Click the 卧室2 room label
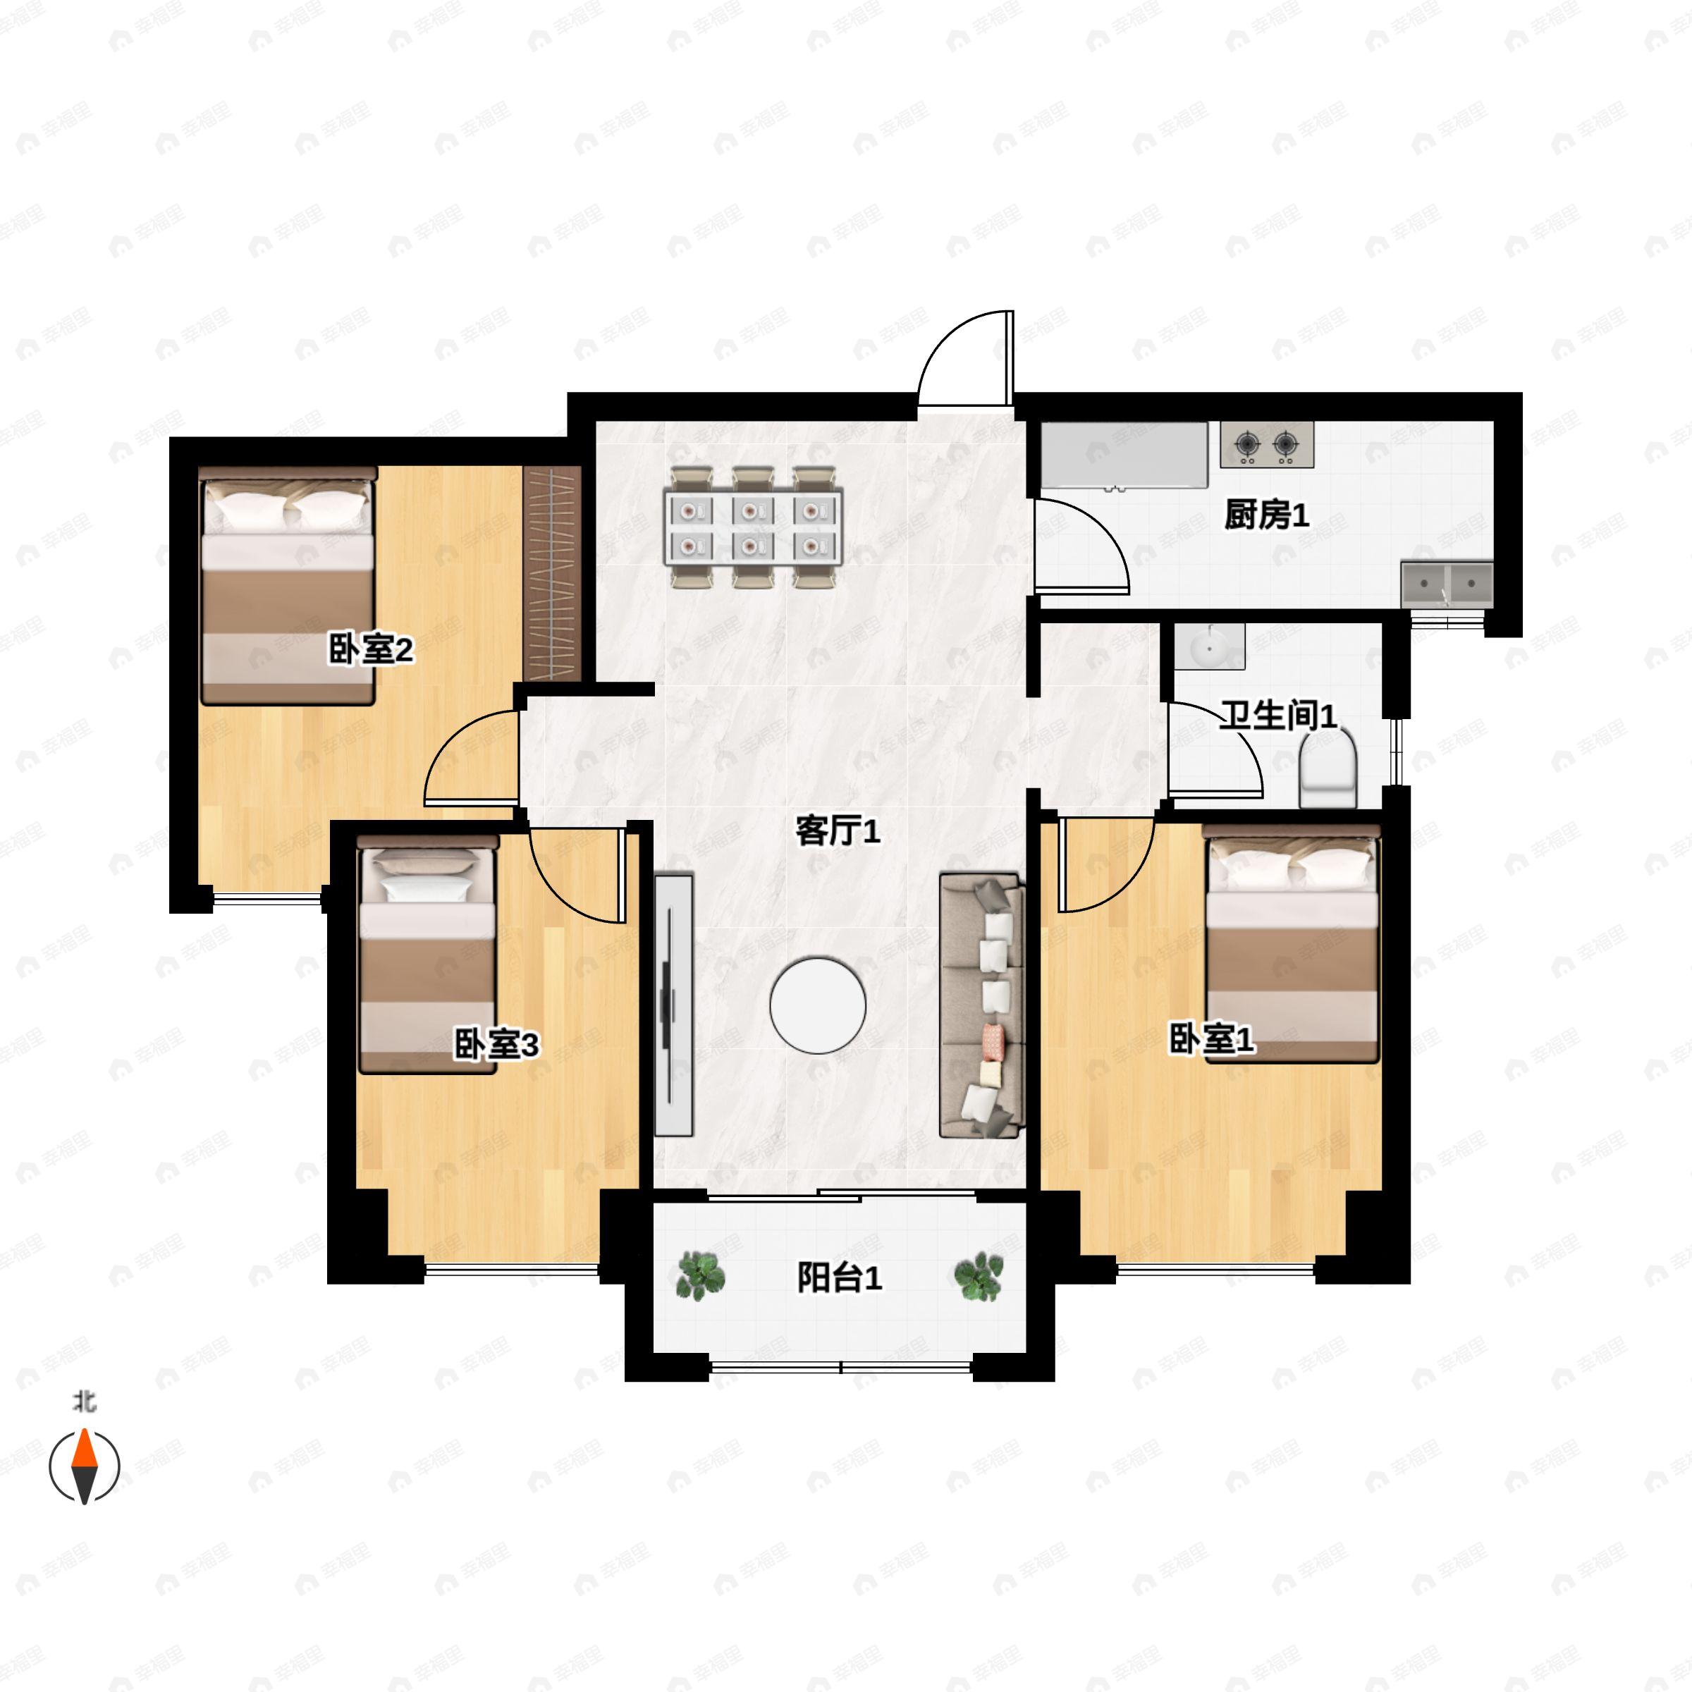370,650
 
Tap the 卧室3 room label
496,1044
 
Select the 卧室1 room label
1212,1040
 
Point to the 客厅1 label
838,831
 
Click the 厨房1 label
1266,516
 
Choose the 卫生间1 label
1279,716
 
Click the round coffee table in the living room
818,1005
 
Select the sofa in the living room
982,1005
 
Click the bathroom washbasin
1210,647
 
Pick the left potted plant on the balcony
701,1275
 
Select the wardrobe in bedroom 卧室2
553,574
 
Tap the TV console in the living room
673,1005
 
